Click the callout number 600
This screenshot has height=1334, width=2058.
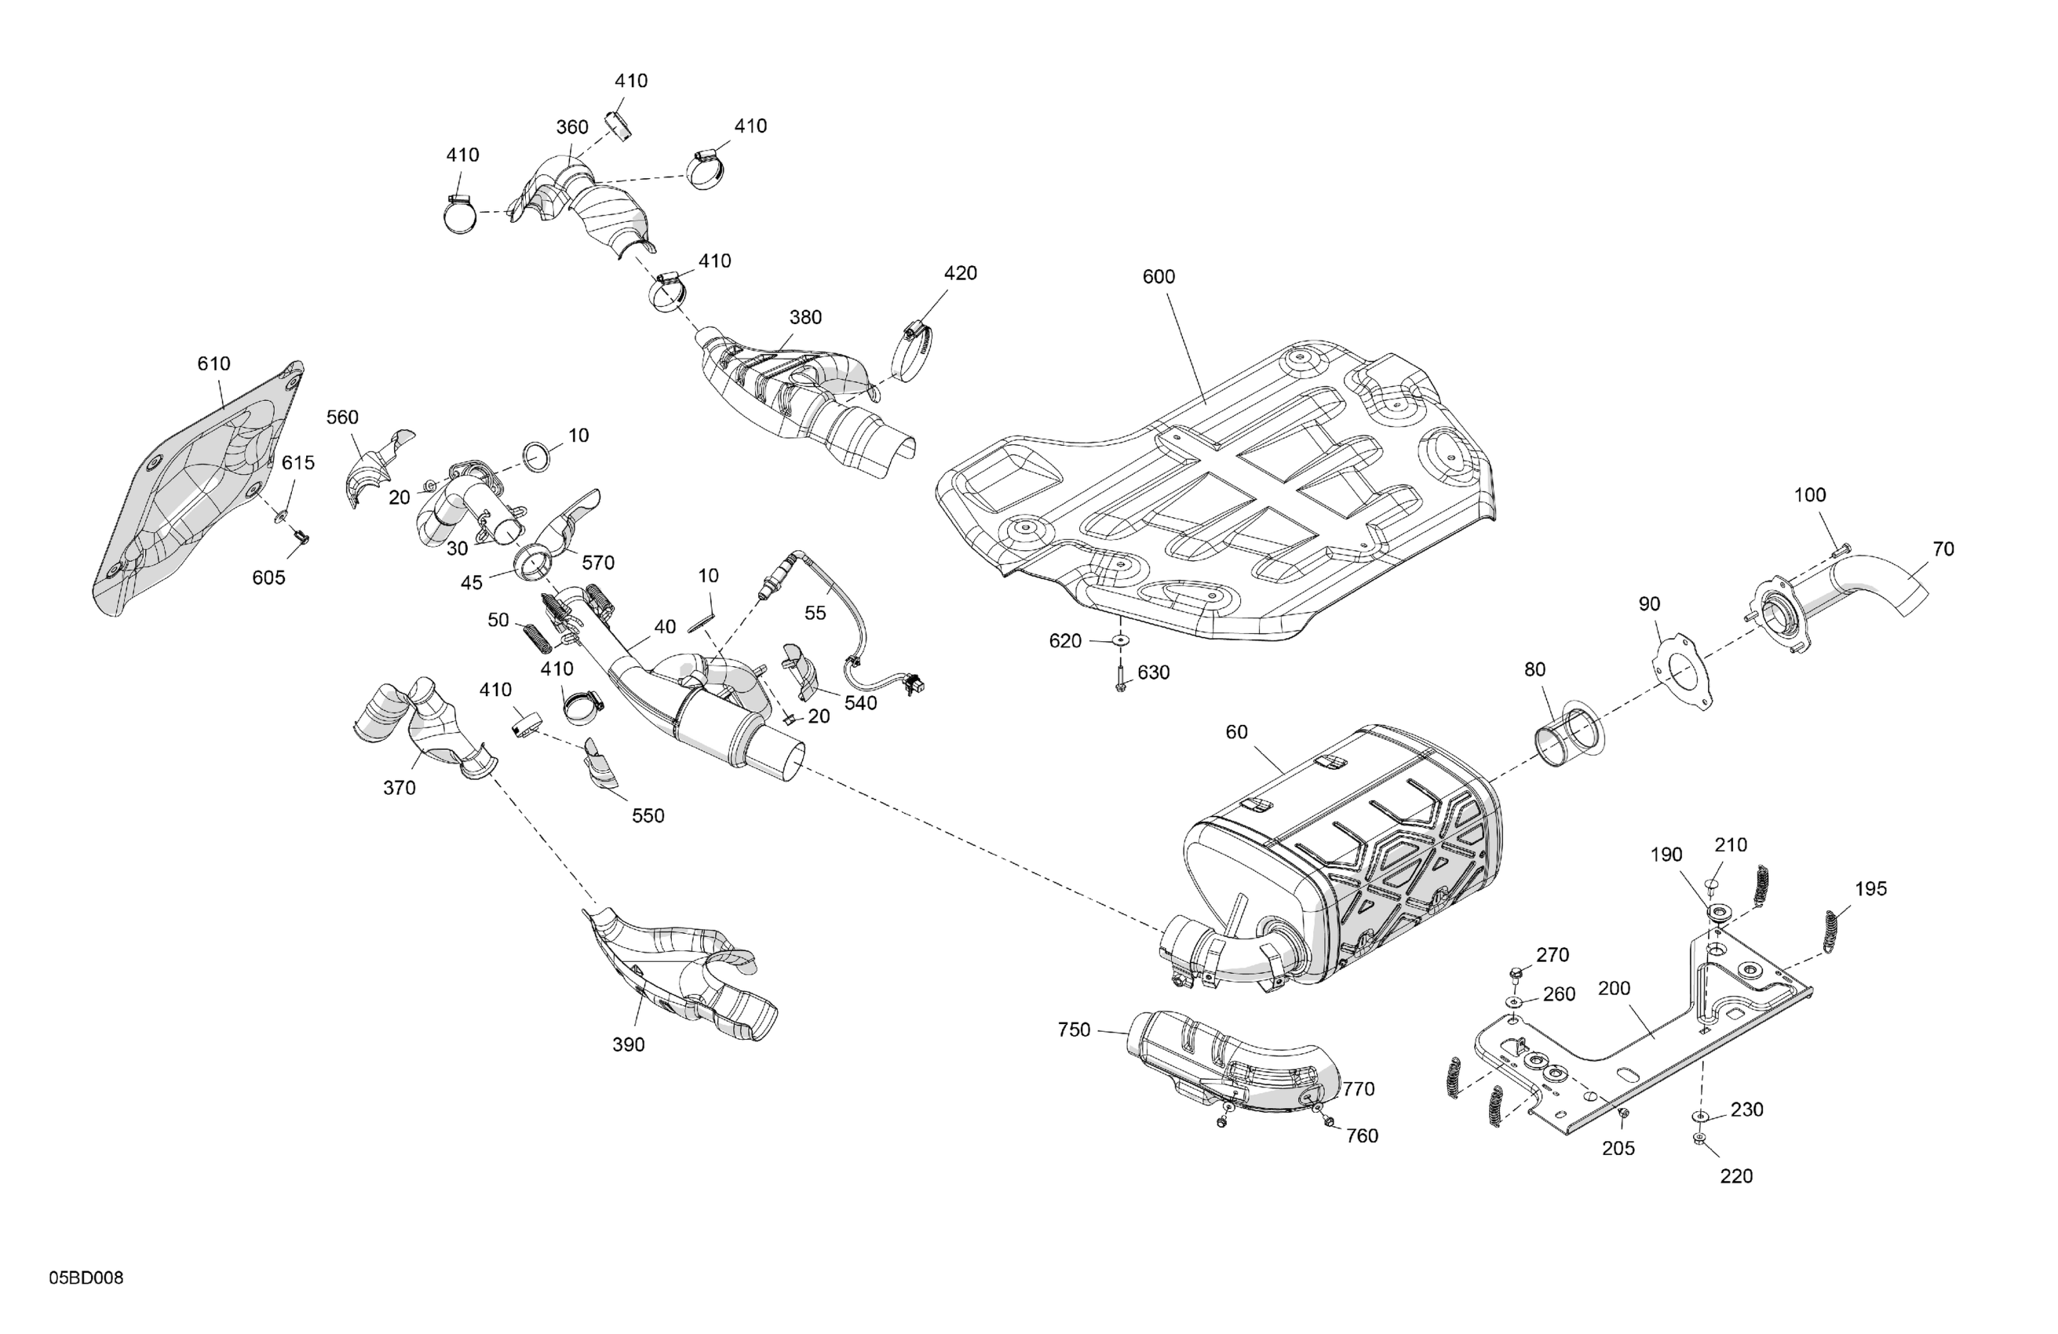(x=1158, y=277)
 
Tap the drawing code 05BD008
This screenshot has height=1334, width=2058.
(x=86, y=1278)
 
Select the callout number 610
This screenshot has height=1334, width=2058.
(x=213, y=364)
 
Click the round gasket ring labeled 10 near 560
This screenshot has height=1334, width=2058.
(x=537, y=456)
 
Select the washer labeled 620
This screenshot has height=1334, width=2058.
(x=1121, y=640)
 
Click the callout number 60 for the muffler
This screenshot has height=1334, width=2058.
(x=1236, y=732)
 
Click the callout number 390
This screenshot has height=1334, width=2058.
(x=629, y=1044)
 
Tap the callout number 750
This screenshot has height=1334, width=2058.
(x=1074, y=1030)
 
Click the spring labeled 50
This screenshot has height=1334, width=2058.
(x=537, y=643)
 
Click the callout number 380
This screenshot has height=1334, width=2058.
(x=805, y=317)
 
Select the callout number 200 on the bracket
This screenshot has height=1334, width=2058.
(x=1615, y=987)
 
